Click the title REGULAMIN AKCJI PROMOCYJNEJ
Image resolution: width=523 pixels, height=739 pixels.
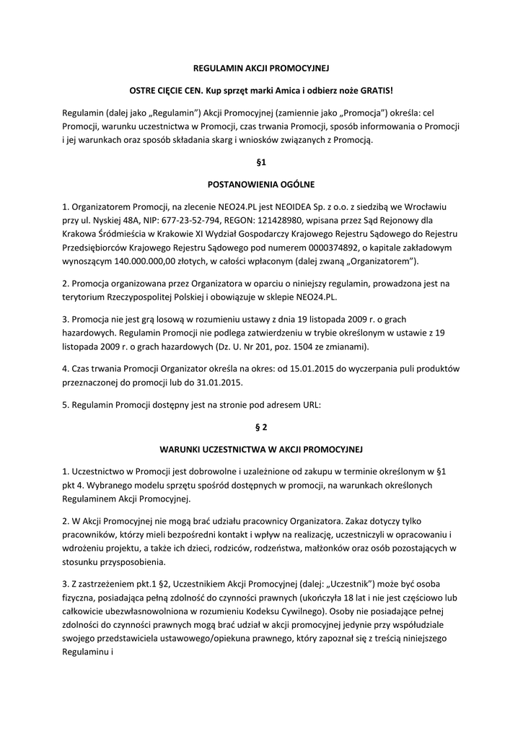(x=261, y=69)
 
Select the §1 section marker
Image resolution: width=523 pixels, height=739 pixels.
(x=261, y=163)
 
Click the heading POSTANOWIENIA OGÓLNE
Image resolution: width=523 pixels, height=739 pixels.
(x=261, y=184)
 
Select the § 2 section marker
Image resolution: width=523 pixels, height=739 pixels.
(x=261, y=427)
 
